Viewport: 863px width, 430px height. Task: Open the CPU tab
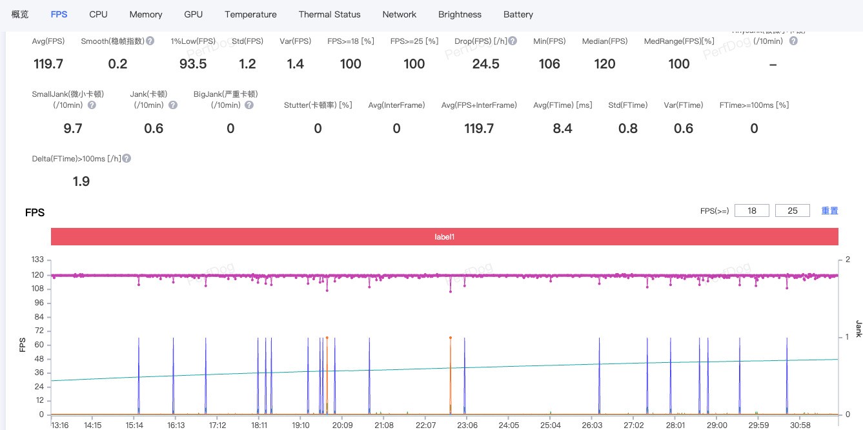click(98, 14)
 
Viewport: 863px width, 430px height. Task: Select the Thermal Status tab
click(329, 14)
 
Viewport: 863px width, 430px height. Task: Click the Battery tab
click(518, 14)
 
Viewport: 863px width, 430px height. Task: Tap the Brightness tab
click(460, 14)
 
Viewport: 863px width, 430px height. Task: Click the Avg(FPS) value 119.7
click(48, 64)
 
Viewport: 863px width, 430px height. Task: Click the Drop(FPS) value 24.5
click(485, 64)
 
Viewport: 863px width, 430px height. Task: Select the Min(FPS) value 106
click(549, 64)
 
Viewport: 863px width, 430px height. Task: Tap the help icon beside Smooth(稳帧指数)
click(150, 41)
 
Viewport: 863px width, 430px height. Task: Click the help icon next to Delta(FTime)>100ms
click(127, 158)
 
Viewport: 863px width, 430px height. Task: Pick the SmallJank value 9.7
click(73, 128)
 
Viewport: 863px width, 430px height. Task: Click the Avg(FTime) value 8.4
click(562, 128)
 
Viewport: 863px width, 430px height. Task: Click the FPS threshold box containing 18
click(752, 210)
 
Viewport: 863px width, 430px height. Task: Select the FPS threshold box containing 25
click(793, 210)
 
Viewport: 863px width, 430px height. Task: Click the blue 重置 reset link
click(829, 210)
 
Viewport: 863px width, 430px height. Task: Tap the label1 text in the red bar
click(444, 237)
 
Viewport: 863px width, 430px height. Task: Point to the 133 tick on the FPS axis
click(37, 260)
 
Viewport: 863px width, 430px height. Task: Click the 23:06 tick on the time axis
click(467, 425)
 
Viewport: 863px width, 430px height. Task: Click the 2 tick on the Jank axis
click(848, 260)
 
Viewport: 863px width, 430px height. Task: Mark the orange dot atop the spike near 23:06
click(450, 338)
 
